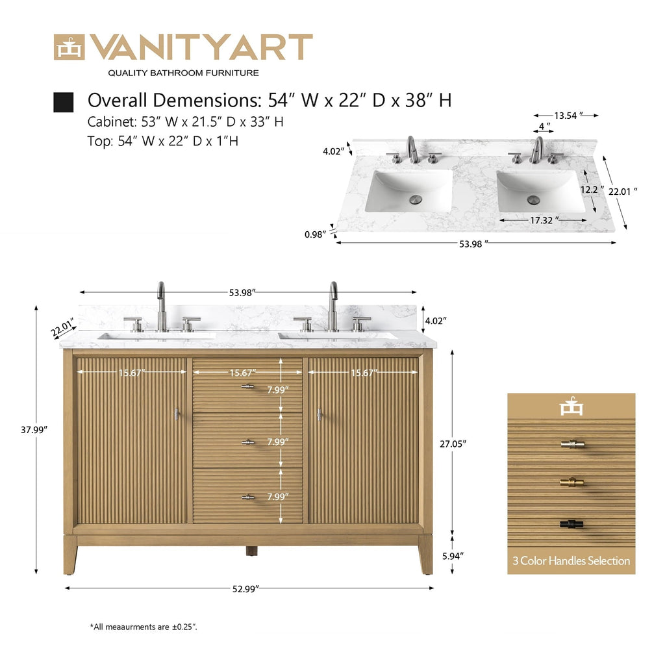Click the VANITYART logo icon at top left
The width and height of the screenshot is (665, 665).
tap(69, 47)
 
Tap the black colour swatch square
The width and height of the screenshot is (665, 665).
tap(63, 102)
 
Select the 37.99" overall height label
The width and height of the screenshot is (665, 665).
tap(34, 429)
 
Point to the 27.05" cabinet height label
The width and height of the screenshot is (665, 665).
tap(453, 443)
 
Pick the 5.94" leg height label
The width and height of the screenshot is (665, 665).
tap(453, 556)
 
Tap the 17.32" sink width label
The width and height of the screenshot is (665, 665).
tap(541, 221)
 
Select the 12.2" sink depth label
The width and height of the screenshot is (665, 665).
tap(590, 190)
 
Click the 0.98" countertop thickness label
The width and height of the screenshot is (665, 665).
tap(315, 235)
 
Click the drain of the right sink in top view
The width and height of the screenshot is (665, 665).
tap(534, 199)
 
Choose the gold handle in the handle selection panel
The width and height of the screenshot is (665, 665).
tap(571, 483)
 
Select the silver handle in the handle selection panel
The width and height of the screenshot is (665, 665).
tap(571, 444)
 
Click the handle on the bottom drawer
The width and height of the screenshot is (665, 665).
tap(247, 497)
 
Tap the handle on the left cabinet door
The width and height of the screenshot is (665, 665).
tap(177, 414)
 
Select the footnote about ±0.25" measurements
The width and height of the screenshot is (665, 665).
tap(144, 627)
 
